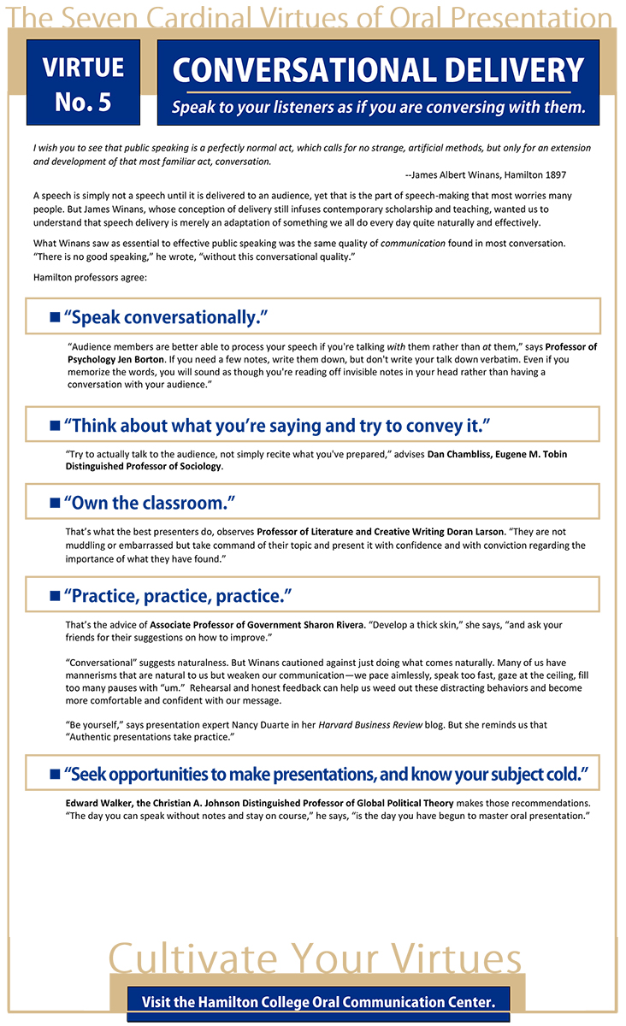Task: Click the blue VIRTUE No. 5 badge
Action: point(83,83)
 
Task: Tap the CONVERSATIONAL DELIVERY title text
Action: point(378,69)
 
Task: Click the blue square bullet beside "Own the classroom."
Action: point(55,504)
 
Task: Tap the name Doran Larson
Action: point(482,532)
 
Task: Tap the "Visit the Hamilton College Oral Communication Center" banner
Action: point(318,1001)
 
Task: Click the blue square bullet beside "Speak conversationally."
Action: point(55,318)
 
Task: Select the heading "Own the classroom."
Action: point(150,503)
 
